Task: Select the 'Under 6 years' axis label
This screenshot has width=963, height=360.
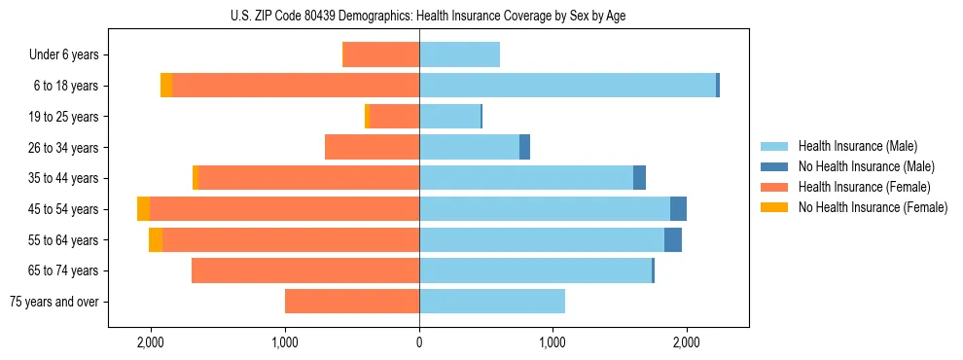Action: (69, 55)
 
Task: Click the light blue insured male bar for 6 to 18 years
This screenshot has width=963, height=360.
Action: (567, 86)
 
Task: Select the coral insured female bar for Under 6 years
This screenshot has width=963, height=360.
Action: (380, 55)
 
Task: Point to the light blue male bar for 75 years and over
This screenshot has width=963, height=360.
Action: (492, 302)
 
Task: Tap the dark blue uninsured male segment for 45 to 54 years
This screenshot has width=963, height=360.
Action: (678, 209)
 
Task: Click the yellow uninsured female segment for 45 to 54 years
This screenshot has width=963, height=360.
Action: (143, 209)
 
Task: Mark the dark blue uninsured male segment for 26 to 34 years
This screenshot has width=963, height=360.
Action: (524, 147)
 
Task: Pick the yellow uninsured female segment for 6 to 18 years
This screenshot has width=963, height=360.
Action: (166, 86)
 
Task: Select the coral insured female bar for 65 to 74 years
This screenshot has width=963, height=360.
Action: (305, 270)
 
